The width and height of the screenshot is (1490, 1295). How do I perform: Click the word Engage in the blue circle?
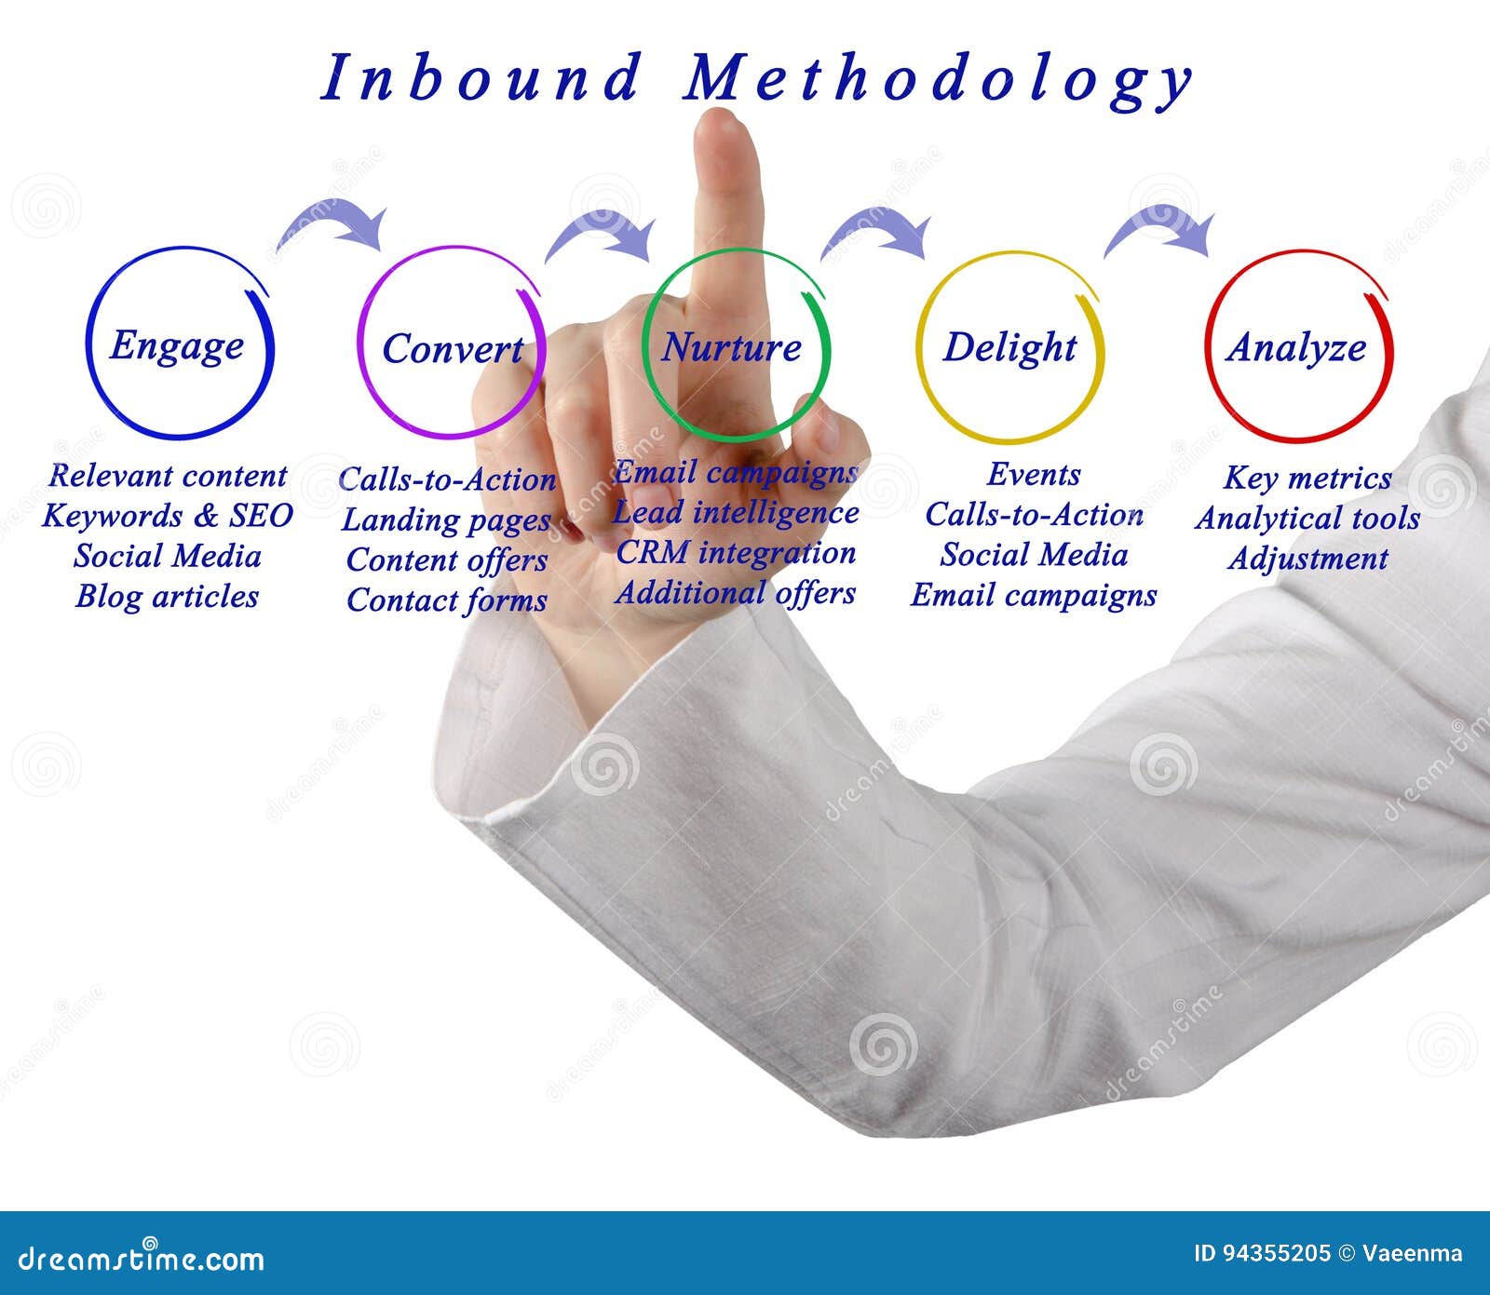pyautogui.click(x=177, y=346)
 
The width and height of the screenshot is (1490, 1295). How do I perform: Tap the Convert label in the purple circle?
pyautogui.click(x=453, y=350)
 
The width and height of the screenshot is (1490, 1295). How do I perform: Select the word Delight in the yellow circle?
pyautogui.click(x=1009, y=347)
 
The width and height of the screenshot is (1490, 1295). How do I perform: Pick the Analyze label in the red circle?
pyautogui.click(x=1296, y=348)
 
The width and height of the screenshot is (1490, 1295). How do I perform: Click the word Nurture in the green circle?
pyautogui.click(x=731, y=348)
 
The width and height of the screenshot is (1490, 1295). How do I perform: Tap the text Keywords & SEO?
pyautogui.click(x=168, y=516)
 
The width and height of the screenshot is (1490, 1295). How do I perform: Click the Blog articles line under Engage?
pyautogui.click(x=168, y=597)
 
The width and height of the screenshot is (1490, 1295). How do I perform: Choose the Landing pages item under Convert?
pyautogui.click(x=446, y=520)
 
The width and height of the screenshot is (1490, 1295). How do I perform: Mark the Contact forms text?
pyautogui.click(x=446, y=600)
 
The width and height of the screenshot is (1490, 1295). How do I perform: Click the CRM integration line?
pyautogui.click(x=736, y=553)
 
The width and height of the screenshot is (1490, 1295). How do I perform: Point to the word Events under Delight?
pyautogui.click(x=1034, y=475)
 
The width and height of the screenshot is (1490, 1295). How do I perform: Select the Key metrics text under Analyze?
pyautogui.click(x=1307, y=479)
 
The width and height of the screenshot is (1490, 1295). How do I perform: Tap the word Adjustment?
pyautogui.click(x=1307, y=559)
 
